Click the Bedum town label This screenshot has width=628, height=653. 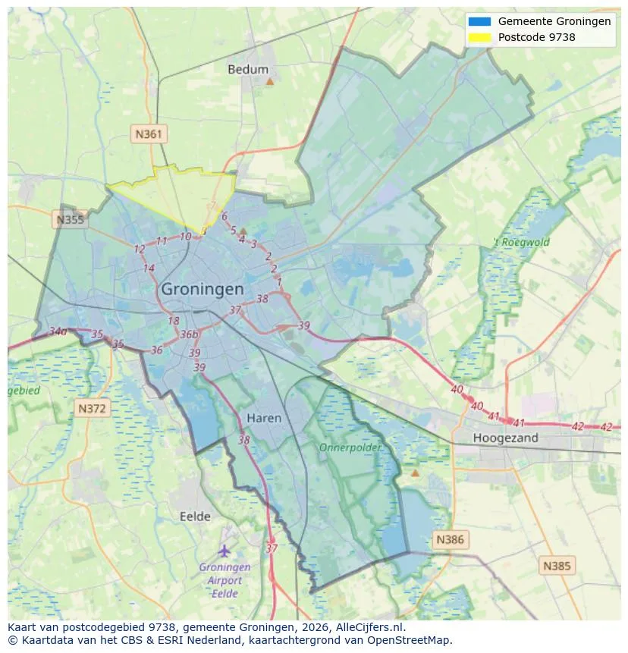[x=248, y=69]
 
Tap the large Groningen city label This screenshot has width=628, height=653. [x=203, y=289]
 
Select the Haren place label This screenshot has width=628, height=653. [x=264, y=418]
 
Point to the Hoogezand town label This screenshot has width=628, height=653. [x=505, y=438]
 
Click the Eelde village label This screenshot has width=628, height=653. [x=195, y=516]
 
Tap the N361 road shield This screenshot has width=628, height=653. [x=148, y=134]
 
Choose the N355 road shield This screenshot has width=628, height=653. [x=71, y=220]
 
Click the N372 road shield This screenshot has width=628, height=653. [x=93, y=409]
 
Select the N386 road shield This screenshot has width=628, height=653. [x=450, y=540]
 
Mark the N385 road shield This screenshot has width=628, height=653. [x=557, y=565]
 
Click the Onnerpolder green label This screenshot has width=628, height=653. [x=350, y=447]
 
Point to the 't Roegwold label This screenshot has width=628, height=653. [x=522, y=243]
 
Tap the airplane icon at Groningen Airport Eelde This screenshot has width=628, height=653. [x=224, y=551]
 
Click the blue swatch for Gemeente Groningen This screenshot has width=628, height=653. [x=480, y=21]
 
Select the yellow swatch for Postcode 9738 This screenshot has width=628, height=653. [x=480, y=37]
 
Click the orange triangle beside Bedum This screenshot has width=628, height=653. [x=269, y=80]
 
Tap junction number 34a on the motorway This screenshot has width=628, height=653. [x=58, y=331]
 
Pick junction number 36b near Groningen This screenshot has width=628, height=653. [x=189, y=334]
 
